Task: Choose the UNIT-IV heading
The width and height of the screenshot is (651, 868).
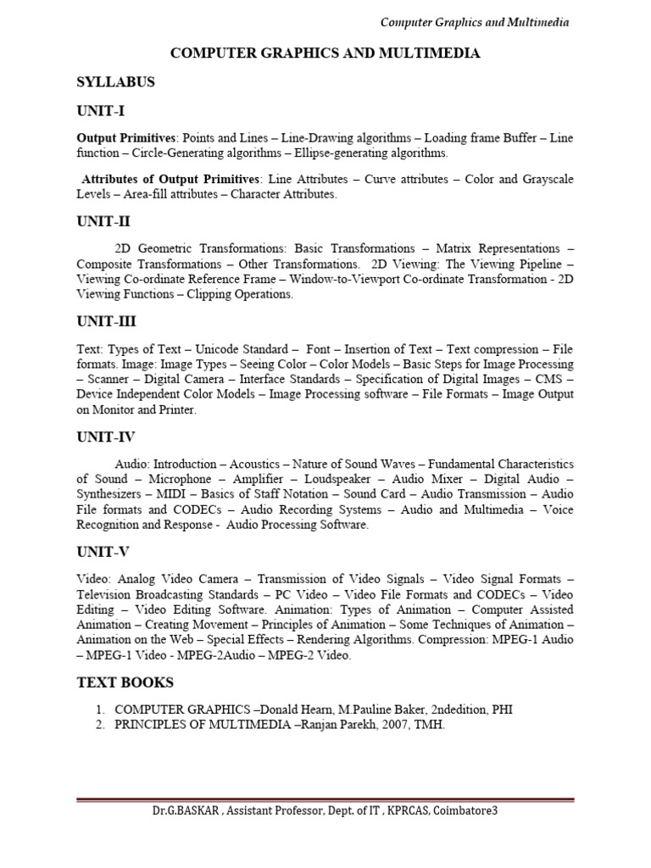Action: [106, 437]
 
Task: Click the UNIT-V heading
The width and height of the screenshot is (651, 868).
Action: [103, 552]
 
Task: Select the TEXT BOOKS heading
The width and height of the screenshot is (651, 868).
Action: [125, 682]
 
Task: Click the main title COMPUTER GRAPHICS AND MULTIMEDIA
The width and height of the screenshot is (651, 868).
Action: [325, 53]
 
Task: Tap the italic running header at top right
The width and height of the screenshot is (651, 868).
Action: [475, 22]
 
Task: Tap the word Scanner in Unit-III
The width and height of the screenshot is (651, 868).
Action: [110, 380]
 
